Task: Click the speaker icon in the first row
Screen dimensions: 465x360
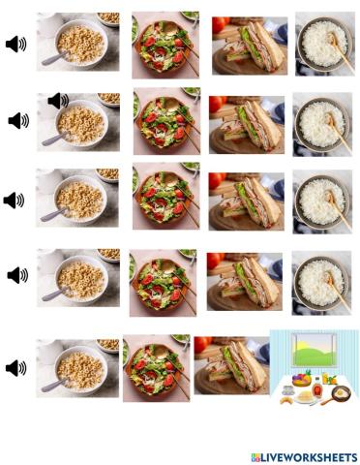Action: (x=16, y=44)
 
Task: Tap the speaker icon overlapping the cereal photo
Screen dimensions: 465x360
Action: (x=57, y=100)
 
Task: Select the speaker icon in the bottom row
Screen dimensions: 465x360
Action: (x=16, y=368)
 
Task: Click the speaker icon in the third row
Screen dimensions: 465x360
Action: (x=14, y=201)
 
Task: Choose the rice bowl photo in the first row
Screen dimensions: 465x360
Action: (x=324, y=42)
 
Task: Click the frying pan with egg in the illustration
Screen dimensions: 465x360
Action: (x=341, y=393)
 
